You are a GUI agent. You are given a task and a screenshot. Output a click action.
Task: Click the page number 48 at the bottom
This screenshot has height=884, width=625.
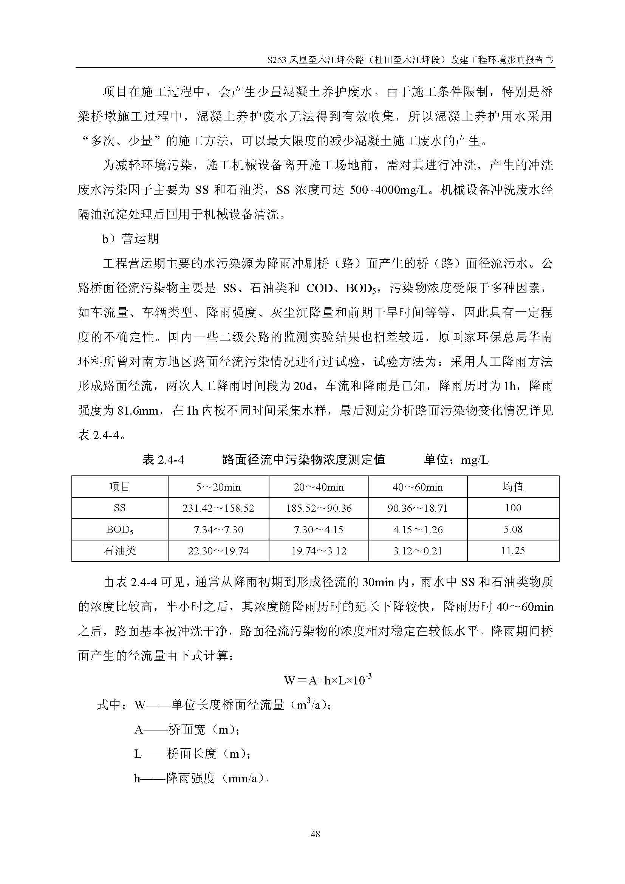point(315,834)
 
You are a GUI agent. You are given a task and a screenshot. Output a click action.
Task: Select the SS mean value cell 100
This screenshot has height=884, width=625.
point(513,508)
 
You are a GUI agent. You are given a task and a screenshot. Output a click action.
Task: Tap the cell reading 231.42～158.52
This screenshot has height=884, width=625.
point(218,508)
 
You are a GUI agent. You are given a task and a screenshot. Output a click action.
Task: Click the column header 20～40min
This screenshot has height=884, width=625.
point(319,487)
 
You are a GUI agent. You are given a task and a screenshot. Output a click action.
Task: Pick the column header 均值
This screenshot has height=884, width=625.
point(513,487)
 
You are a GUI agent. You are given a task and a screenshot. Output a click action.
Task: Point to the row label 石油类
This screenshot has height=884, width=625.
point(120,551)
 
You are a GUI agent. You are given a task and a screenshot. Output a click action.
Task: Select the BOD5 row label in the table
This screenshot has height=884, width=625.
point(120,530)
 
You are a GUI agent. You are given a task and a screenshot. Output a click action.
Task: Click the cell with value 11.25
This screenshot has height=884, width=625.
point(513,551)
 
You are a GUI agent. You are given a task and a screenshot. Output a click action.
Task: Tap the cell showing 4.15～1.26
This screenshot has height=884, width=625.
point(418,530)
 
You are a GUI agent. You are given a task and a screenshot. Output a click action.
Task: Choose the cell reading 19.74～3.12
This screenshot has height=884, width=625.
point(319,551)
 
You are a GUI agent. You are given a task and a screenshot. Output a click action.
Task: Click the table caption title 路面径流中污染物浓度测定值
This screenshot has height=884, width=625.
point(304,460)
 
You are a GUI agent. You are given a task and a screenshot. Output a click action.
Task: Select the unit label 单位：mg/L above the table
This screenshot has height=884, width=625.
point(456,460)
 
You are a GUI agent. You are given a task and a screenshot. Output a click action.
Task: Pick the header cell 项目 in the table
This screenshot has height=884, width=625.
point(120,487)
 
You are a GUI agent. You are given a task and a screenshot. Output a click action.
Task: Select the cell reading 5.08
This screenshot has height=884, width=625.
point(513,529)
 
